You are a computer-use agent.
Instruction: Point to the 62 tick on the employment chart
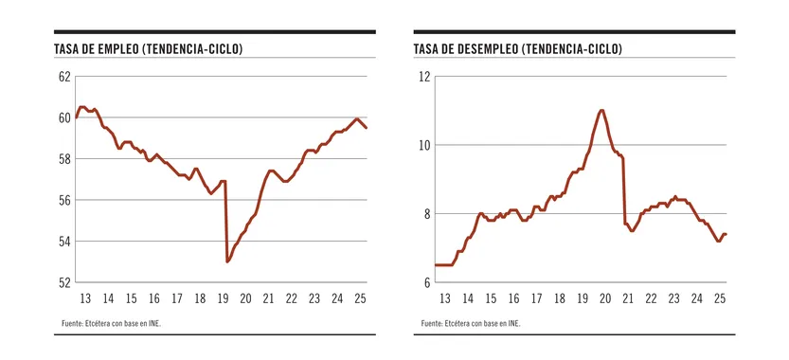coord(63,77)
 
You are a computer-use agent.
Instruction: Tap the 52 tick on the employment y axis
coord(63,282)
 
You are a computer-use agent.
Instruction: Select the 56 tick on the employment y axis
coord(63,200)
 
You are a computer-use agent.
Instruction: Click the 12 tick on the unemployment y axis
coord(425,77)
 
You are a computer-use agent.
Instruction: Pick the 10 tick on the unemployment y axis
coord(425,145)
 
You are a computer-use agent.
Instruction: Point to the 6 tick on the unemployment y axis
coord(428,282)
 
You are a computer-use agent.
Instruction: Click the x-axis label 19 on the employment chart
coord(223,298)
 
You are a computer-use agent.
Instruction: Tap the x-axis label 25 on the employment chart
coord(360,298)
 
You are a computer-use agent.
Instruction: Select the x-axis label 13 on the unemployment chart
coord(445,298)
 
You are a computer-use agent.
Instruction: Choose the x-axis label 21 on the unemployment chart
coord(628,298)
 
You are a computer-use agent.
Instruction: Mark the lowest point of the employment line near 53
coord(227,261)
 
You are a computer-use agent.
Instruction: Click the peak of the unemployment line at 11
coord(601,111)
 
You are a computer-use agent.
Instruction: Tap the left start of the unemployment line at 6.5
coord(436,265)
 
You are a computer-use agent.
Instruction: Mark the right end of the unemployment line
coord(726,234)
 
